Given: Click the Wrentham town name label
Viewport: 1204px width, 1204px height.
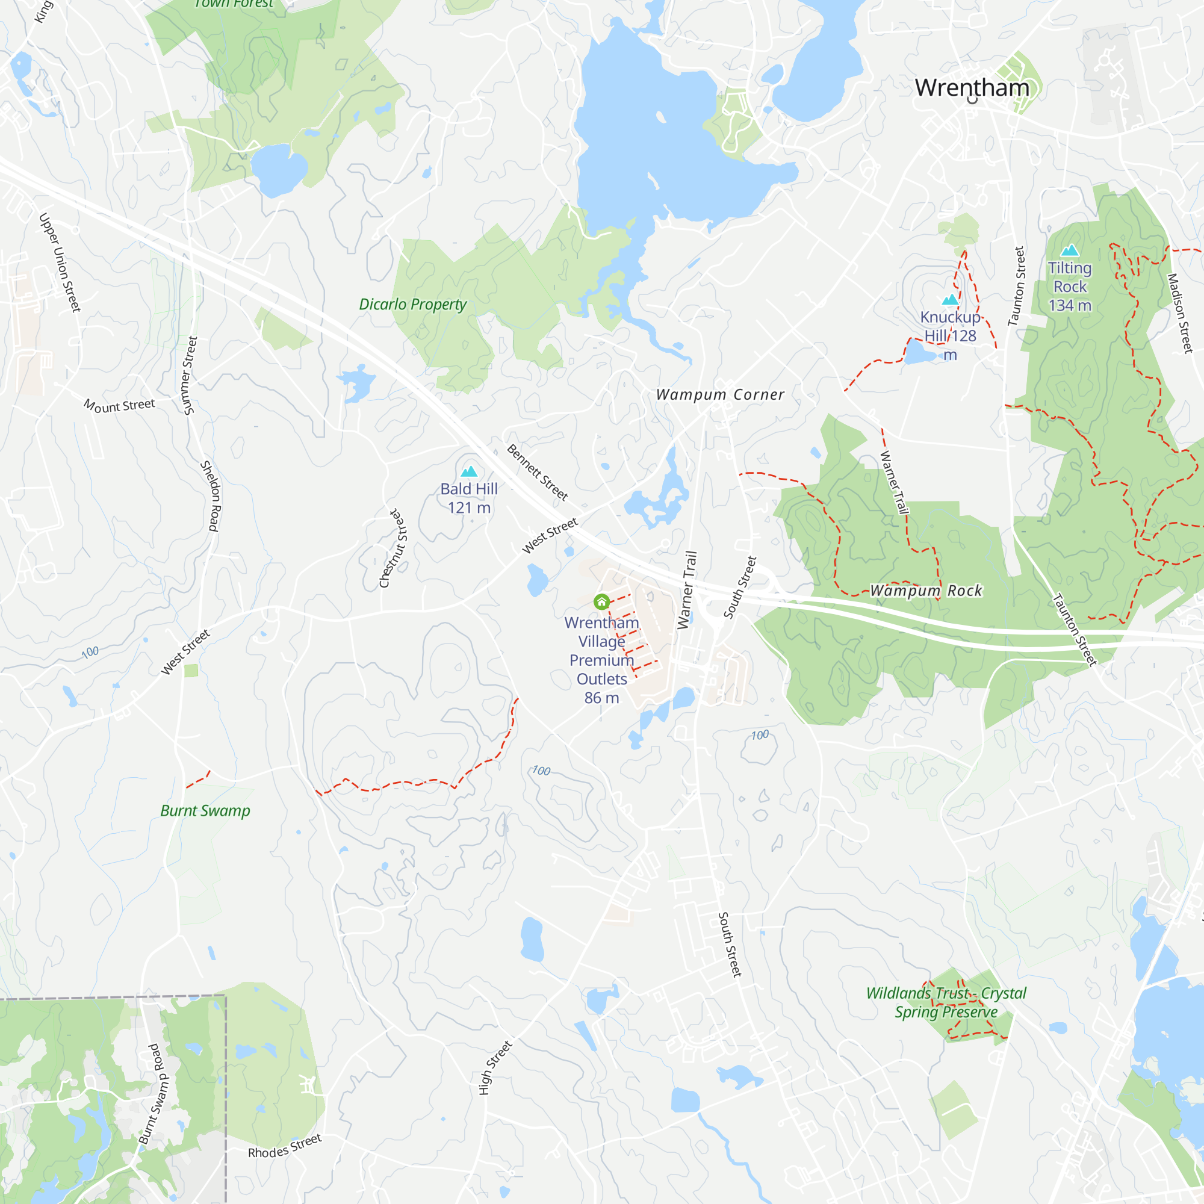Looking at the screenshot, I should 972,88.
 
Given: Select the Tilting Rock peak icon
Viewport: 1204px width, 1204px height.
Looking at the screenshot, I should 1070,250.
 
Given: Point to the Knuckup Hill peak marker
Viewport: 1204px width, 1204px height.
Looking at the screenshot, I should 950,300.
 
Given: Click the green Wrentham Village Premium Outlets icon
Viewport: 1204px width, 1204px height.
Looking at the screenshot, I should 601,602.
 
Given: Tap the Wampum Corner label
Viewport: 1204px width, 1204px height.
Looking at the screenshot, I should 721,394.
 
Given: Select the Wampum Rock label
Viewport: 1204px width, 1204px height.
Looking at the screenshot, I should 926,590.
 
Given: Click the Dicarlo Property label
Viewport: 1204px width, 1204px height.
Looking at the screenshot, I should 412,304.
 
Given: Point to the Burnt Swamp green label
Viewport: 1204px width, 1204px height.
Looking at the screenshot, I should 205,811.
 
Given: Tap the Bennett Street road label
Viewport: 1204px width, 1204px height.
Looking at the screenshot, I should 537,473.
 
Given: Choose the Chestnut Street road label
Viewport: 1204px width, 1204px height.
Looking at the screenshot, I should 393,548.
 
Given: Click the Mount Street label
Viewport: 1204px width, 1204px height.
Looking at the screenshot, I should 120,406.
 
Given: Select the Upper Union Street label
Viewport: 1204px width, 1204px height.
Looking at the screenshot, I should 60,262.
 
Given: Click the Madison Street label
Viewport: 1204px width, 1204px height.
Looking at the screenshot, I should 1180,313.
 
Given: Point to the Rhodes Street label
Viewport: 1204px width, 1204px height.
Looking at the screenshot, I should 285,1146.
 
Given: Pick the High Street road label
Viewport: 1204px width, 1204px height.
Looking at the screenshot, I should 495,1067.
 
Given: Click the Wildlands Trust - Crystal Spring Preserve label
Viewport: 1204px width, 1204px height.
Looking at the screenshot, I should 946,1002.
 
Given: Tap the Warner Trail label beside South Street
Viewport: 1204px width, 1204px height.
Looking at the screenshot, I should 687,589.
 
